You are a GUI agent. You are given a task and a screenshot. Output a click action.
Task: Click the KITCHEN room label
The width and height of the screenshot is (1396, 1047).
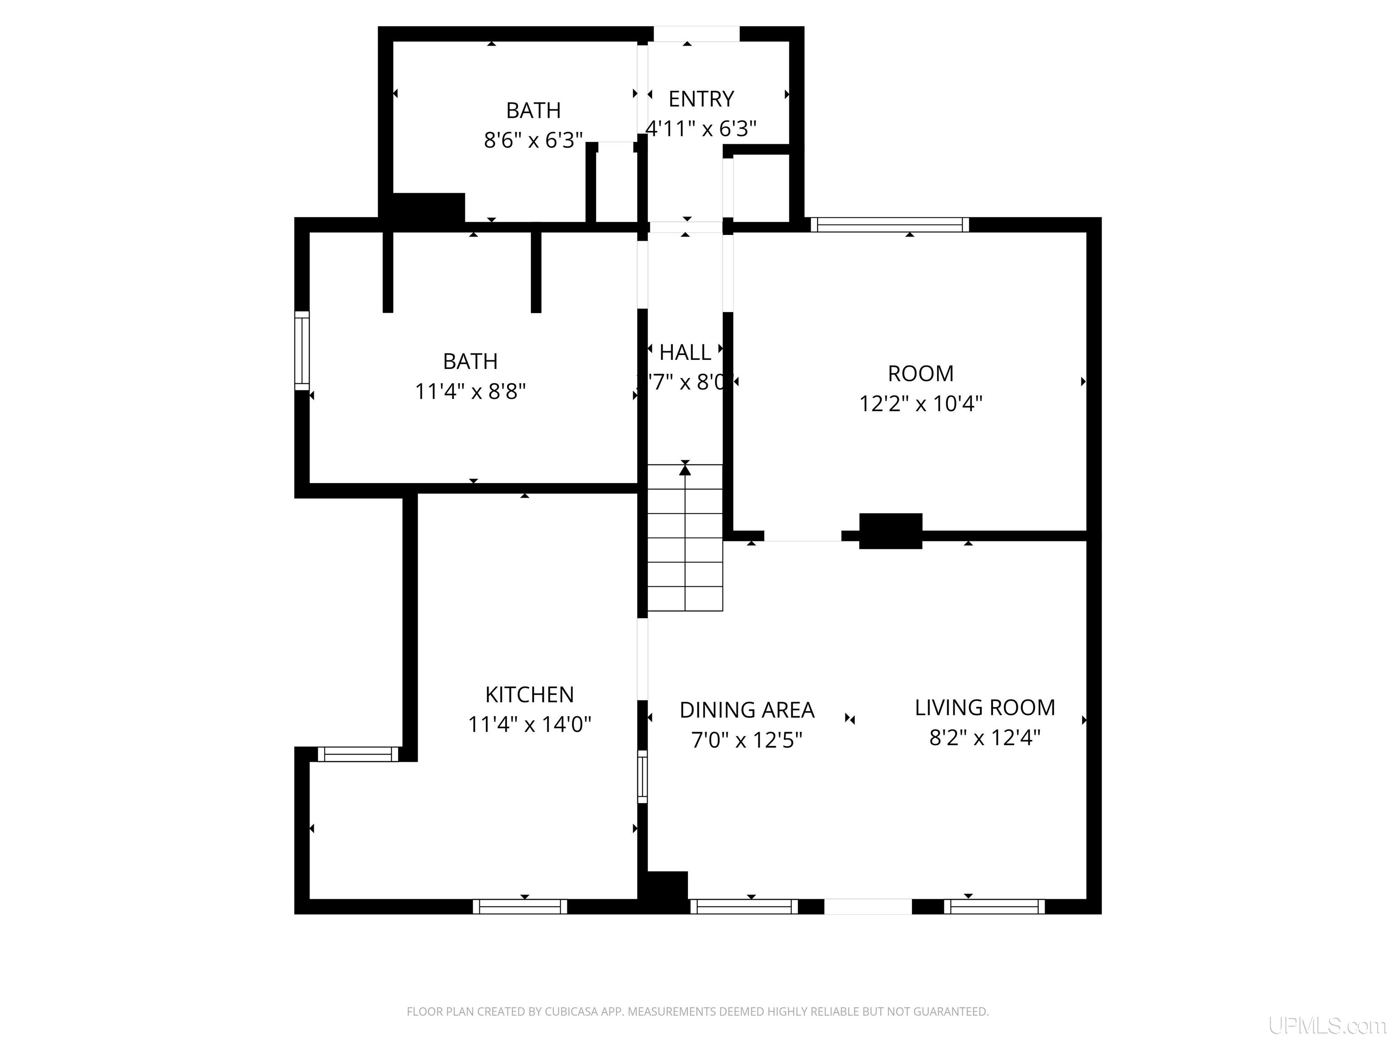point(529,694)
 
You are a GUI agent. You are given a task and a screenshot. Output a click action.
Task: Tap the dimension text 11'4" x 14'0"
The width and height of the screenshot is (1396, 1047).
point(529,724)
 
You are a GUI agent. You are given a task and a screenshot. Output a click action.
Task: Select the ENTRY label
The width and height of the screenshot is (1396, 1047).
point(701,99)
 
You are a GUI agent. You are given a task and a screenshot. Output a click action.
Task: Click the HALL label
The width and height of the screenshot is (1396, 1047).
point(685,352)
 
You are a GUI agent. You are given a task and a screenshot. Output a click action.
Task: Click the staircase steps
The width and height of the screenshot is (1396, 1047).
point(685,549)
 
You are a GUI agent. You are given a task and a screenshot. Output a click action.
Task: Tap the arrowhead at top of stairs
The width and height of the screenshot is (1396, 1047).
point(685,469)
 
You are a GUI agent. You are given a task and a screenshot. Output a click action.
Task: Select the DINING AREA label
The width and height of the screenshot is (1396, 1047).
point(747,710)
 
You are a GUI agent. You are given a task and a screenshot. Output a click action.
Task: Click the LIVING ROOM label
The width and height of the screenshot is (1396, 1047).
point(985,708)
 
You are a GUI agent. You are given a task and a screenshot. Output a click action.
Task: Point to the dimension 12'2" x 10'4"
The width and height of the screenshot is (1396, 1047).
point(920,403)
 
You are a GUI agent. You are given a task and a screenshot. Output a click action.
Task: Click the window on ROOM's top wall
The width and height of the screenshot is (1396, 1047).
point(889,224)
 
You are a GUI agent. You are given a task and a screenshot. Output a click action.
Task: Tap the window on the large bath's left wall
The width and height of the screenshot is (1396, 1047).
point(302,350)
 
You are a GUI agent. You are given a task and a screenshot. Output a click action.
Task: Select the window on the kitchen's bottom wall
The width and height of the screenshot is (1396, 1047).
point(520,907)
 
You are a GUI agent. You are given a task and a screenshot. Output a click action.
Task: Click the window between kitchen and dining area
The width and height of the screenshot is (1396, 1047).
point(643,776)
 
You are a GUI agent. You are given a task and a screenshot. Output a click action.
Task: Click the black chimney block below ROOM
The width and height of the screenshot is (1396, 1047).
point(891,531)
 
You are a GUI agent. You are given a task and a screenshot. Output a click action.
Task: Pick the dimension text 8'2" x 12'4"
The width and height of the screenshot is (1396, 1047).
point(985,737)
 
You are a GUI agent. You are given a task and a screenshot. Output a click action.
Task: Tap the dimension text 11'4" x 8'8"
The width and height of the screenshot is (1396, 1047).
point(470,391)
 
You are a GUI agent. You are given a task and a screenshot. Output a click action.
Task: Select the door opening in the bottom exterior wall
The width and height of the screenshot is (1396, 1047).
point(868,907)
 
